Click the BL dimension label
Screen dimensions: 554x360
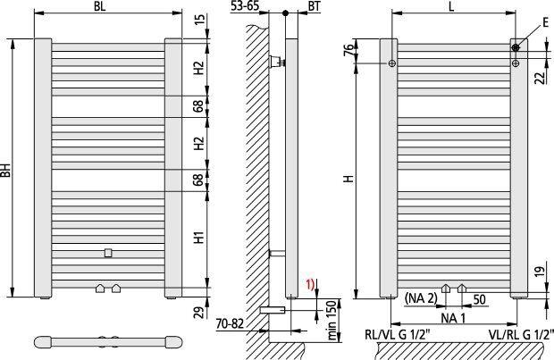(x=100, y=6)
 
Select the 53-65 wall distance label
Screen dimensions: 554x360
(x=245, y=5)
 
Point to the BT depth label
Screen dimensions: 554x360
(x=315, y=6)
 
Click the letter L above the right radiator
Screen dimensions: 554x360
(x=451, y=6)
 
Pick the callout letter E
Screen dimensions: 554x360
(x=546, y=23)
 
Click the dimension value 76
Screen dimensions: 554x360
(x=348, y=51)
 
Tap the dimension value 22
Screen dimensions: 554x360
(x=540, y=79)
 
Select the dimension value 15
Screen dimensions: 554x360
(x=199, y=21)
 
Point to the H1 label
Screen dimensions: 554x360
(x=199, y=238)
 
